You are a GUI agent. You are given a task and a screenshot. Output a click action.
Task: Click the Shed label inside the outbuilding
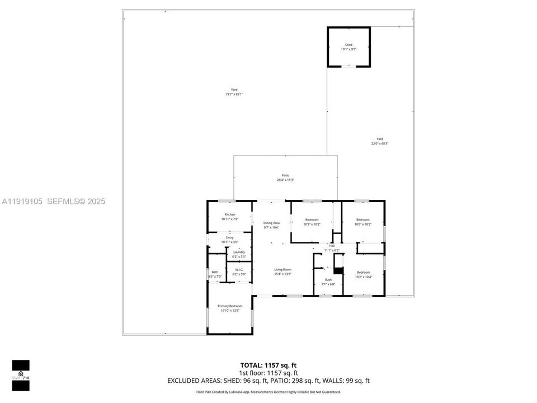[x=348, y=45]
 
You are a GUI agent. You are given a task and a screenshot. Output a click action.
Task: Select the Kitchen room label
[x=230, y=215]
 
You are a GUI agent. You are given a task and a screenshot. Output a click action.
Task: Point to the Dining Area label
[x=271, y=223]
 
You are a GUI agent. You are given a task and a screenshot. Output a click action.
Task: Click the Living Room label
[x=282, y=269]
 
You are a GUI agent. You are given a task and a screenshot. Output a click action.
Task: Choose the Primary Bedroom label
[x=230, y=306]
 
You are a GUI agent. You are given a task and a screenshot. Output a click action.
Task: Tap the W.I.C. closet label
[x=239, y=270]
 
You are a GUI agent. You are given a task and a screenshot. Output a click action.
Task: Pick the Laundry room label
[x=239, y=252]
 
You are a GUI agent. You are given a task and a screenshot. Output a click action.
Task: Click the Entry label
[x=230, y=238]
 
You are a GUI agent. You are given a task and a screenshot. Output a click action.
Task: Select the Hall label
[x=332, y=246]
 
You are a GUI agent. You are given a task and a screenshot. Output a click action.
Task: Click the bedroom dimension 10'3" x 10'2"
[x=312, y=224]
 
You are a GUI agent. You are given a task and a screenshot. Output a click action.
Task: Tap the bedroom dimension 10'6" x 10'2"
[x=363, y=224]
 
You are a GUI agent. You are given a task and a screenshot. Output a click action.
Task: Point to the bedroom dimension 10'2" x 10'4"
[x=364, y=277]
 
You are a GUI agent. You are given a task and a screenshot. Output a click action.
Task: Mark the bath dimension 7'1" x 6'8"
[x=328, y=284]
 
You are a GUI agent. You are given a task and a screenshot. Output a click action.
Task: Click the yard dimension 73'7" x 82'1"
[x=234, y=94]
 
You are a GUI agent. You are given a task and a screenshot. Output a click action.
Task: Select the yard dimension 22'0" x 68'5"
[x=380, y=144]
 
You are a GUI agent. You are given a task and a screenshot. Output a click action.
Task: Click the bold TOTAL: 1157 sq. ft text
[x=268, y=365]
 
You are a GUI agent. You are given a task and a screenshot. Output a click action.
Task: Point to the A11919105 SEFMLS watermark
[x=54, y=201]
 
